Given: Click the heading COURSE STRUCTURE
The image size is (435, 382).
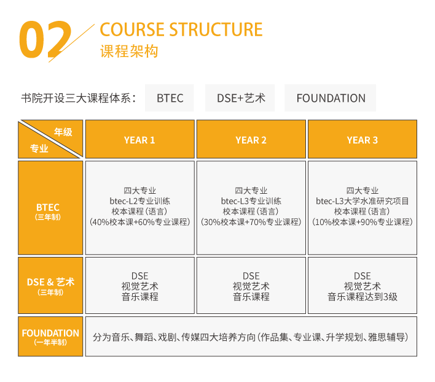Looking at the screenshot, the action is click(181, 29).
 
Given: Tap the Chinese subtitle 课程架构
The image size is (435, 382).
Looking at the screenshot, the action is click(129, 52).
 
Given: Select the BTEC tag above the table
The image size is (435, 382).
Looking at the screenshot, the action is click(170, 98).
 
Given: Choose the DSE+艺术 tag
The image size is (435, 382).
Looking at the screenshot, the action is click(240, 98).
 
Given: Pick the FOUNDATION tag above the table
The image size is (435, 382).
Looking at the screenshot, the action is click(331, 98).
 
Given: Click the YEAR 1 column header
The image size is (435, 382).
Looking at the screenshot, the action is click(140, 139).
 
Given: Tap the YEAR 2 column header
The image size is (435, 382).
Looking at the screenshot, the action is click(251, 139).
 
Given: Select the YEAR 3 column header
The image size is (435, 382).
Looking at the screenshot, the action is click(362, 139).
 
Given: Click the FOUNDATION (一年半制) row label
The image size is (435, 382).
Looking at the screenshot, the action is click(50, 337).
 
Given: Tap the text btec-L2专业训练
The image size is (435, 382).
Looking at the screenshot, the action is click(140, 201).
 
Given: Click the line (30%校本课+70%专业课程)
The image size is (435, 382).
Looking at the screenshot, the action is click(251, 222).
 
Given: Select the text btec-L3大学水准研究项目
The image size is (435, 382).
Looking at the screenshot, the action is click(362, 201).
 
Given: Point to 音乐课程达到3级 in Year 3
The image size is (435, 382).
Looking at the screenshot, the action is click(362, 297).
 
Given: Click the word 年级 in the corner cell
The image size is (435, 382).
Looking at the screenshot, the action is click(63, 132).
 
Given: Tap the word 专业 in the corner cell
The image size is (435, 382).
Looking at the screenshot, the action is click(39, 148).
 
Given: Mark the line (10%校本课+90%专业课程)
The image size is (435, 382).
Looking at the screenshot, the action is click(362, 222).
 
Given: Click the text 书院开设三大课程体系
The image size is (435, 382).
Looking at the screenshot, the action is click(76, 98).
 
